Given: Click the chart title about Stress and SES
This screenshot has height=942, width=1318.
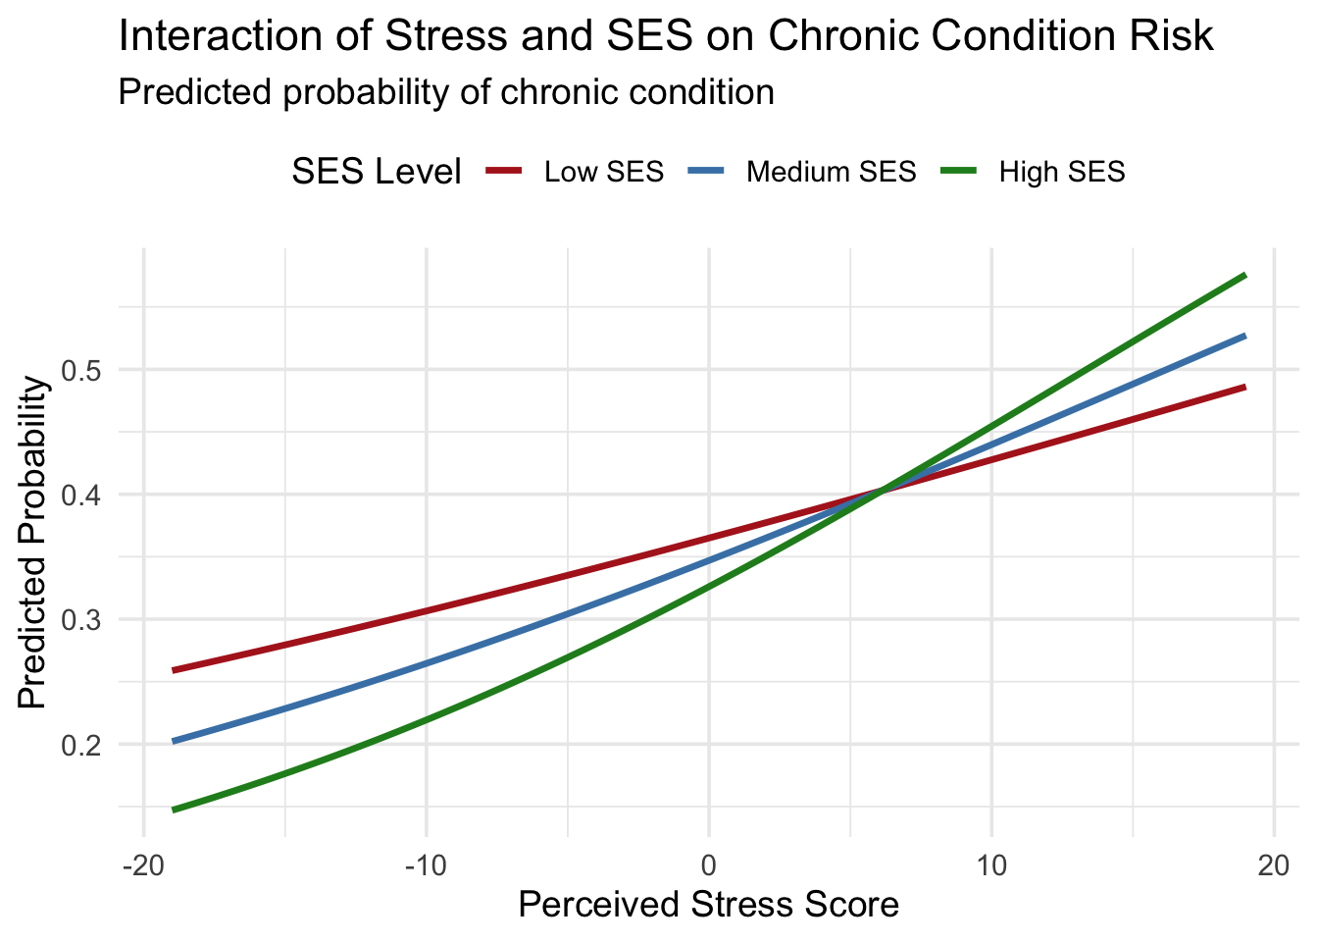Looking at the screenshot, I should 666,36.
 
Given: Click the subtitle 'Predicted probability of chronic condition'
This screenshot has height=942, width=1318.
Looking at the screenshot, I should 446,92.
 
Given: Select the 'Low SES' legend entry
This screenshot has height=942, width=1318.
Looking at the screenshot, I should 603,172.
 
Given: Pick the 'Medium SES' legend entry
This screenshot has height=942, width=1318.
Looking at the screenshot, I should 831,172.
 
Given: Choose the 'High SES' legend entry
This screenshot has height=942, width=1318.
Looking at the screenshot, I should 1061,172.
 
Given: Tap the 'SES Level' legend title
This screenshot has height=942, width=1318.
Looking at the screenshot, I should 377,172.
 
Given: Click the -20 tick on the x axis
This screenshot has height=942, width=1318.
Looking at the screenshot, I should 143,867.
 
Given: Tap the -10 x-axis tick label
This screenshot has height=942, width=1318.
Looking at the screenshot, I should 426,867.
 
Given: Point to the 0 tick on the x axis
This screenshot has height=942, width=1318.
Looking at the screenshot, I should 709,867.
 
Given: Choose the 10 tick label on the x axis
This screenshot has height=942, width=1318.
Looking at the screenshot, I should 991,867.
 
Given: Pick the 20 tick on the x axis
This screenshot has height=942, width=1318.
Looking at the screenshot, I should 1274,867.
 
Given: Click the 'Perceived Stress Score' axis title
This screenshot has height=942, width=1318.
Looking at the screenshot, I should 708,904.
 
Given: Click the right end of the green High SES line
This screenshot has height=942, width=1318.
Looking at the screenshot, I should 1244,276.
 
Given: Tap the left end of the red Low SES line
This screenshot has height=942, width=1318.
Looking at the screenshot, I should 174,670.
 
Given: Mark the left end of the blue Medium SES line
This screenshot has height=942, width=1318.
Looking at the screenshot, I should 174,741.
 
